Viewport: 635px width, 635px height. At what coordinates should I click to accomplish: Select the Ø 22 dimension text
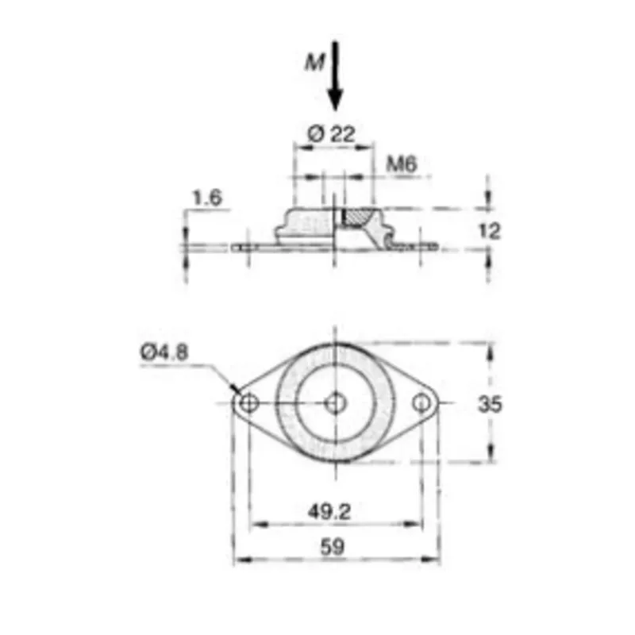click(x=332, y=134)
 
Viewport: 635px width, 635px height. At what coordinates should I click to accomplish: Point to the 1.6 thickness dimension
click(x=206, y=198)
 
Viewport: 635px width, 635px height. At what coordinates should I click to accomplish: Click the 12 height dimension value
click(x=491, y=231)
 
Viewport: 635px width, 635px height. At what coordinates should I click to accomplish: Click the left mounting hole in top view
click(x=248, y=404)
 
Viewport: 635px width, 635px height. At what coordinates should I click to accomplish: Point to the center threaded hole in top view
click(x=335, y=404)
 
